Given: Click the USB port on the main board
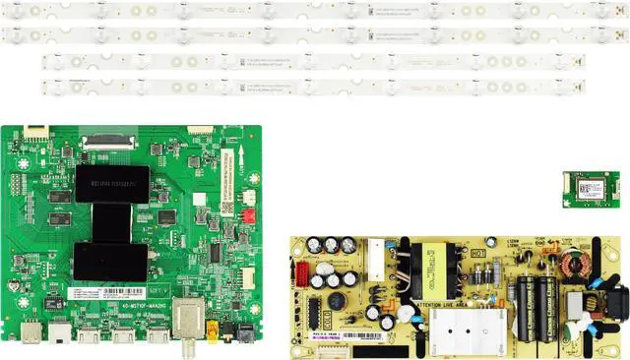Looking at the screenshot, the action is (29, 334).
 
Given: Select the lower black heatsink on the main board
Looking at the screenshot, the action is (111, 262).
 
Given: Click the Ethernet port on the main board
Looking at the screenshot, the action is (62, 335).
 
